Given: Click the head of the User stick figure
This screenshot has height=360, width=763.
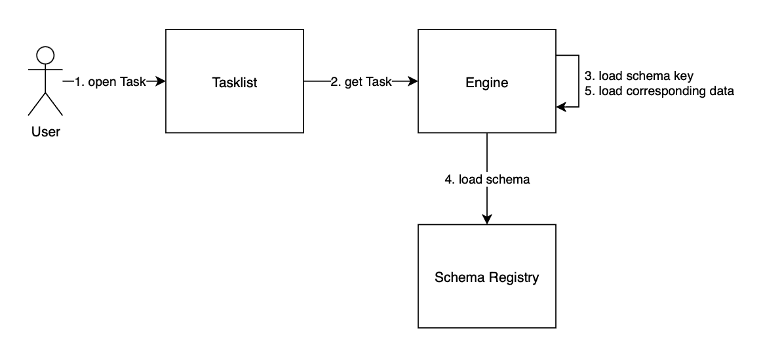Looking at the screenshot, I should pyautogui.click(x=45, y=56).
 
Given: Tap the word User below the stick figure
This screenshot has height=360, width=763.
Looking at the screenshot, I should pyautogui.click(x=45, y=132).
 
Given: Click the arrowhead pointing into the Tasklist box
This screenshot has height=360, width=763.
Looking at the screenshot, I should pyautogui.click(x=161, y=82).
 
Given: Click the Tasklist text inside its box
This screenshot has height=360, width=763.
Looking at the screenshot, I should pyautogui.click(x=235, y=83).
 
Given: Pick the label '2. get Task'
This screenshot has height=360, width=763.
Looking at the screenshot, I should pyautogui.click(x=361, y=82).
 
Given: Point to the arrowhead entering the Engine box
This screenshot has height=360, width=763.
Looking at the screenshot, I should pyautogui.click(x=413, y=82).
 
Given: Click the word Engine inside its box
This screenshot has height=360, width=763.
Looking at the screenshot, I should pyautogui.click(x=486, y=83).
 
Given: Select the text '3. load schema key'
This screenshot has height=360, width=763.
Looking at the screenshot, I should pyautogui.click(x=638, y=76).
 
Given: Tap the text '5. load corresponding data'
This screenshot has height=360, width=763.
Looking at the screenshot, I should pyautogui.click(x=659, y=91).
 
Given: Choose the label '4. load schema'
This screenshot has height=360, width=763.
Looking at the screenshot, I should pyautogui.click(x=486, y=179).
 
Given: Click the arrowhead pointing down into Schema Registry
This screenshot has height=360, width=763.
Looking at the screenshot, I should pyautogui.click(x=486, y=219).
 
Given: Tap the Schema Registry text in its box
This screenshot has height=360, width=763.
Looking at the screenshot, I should pyautogui.click(x=486, y=277).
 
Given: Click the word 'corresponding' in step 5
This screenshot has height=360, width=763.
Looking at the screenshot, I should pyautogui.click(x=655, y=91).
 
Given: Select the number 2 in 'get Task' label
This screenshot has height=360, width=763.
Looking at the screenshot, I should pyautogui.click(x=334, y=82).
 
